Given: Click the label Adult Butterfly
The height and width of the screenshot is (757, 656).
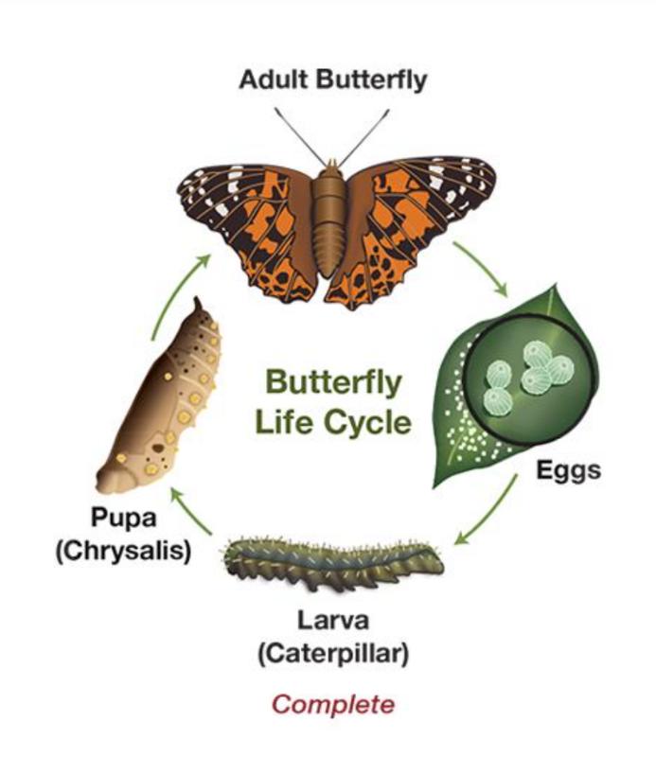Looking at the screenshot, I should (x=332, y=80).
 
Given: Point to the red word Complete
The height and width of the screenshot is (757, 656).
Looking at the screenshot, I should (x=332, y=704).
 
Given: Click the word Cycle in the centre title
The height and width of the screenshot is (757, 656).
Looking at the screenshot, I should (x=363, y=422).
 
